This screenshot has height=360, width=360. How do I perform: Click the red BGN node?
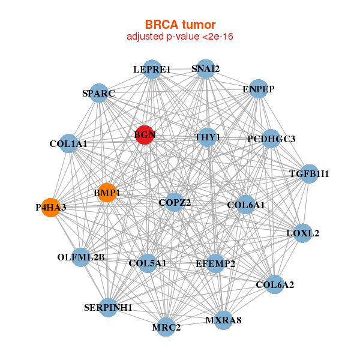(x=144, y=134)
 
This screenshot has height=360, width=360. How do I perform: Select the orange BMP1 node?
(x=107, y=193)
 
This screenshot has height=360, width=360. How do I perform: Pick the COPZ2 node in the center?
(x=175, y=202)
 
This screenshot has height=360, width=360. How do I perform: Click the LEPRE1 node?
(x=152, y=69)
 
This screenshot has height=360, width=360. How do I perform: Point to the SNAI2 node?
(x=205, y=68)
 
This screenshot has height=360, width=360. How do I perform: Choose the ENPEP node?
(x=258, y=89)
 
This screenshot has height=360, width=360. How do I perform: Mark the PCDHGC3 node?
(x=271, y=139)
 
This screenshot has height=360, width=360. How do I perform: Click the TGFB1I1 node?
(x=309, y=174)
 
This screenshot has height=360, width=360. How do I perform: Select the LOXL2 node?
(x=302, y=233)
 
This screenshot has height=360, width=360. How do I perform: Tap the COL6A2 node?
(x=274, y=284)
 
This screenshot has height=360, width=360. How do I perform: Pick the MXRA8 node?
(x=223, y=320)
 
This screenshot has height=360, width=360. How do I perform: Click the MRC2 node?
(x=166, y=327)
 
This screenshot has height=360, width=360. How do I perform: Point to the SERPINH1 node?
(x=108, y=307)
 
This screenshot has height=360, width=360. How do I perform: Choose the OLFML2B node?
(x=81, y=257)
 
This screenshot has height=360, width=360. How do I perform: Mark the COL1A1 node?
(x=68, y=143)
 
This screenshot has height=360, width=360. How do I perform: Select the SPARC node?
(x=98, y=94)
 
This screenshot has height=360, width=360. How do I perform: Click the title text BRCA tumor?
(x=180, y=25)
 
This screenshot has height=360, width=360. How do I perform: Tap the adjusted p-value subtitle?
(x=180, y=37)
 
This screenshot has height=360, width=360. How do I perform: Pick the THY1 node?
(x=208, y=137)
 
